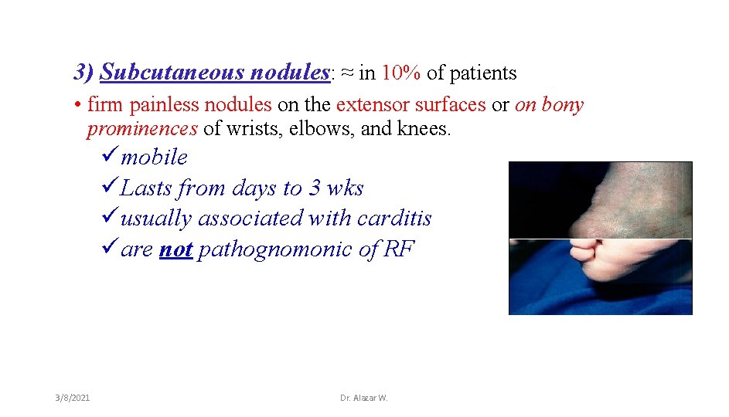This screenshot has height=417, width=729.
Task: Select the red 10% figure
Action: coord(401,73)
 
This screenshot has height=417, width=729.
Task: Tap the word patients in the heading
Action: coord(482,73)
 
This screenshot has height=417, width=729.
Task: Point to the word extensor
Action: coord(368,104)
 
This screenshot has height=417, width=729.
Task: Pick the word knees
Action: coord(424,128)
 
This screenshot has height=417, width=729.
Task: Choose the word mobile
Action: coord(154,158)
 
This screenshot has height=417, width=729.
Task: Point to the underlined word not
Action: coord(175,249)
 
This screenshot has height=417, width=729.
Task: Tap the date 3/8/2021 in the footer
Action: coord(72,398)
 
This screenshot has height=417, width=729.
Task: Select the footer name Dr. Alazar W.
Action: coord(363,398)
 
